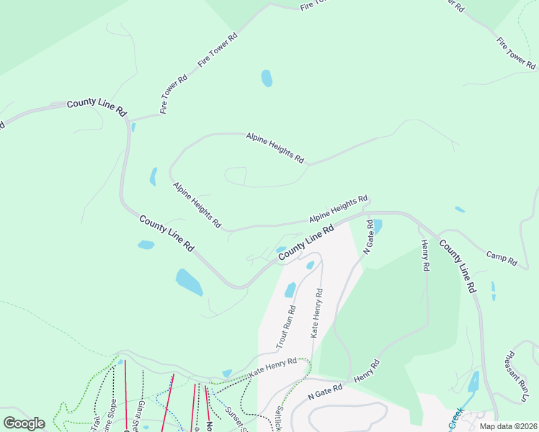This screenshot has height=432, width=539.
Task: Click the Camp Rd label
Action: click(x=502, y=258)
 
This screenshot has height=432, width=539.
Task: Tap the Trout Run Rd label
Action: click(x=286, y=330)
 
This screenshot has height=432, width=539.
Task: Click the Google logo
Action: click(x=24, y=423)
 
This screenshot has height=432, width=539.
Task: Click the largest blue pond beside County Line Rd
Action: click(x=189, y=282)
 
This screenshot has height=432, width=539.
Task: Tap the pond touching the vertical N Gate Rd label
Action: click(x=378, y=226)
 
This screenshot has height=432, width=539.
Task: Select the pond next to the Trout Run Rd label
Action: click(x=290, y=289)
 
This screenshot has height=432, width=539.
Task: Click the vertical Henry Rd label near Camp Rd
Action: click(x=425, y=256)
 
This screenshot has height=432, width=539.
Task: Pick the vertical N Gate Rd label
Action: click(x=368, y=237)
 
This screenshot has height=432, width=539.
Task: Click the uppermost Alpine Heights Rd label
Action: click(x=275, y=147)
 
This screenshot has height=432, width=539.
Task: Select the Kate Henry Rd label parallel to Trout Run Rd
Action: click(x=316, y=313)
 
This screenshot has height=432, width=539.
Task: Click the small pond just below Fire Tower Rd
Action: click(x=267, y=78)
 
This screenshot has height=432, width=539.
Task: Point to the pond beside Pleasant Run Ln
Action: click(x=473, y=382)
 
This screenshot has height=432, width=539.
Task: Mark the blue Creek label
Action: click(x=456, y=419)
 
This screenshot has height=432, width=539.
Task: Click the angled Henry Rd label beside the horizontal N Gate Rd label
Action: click(x=366, y=372)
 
